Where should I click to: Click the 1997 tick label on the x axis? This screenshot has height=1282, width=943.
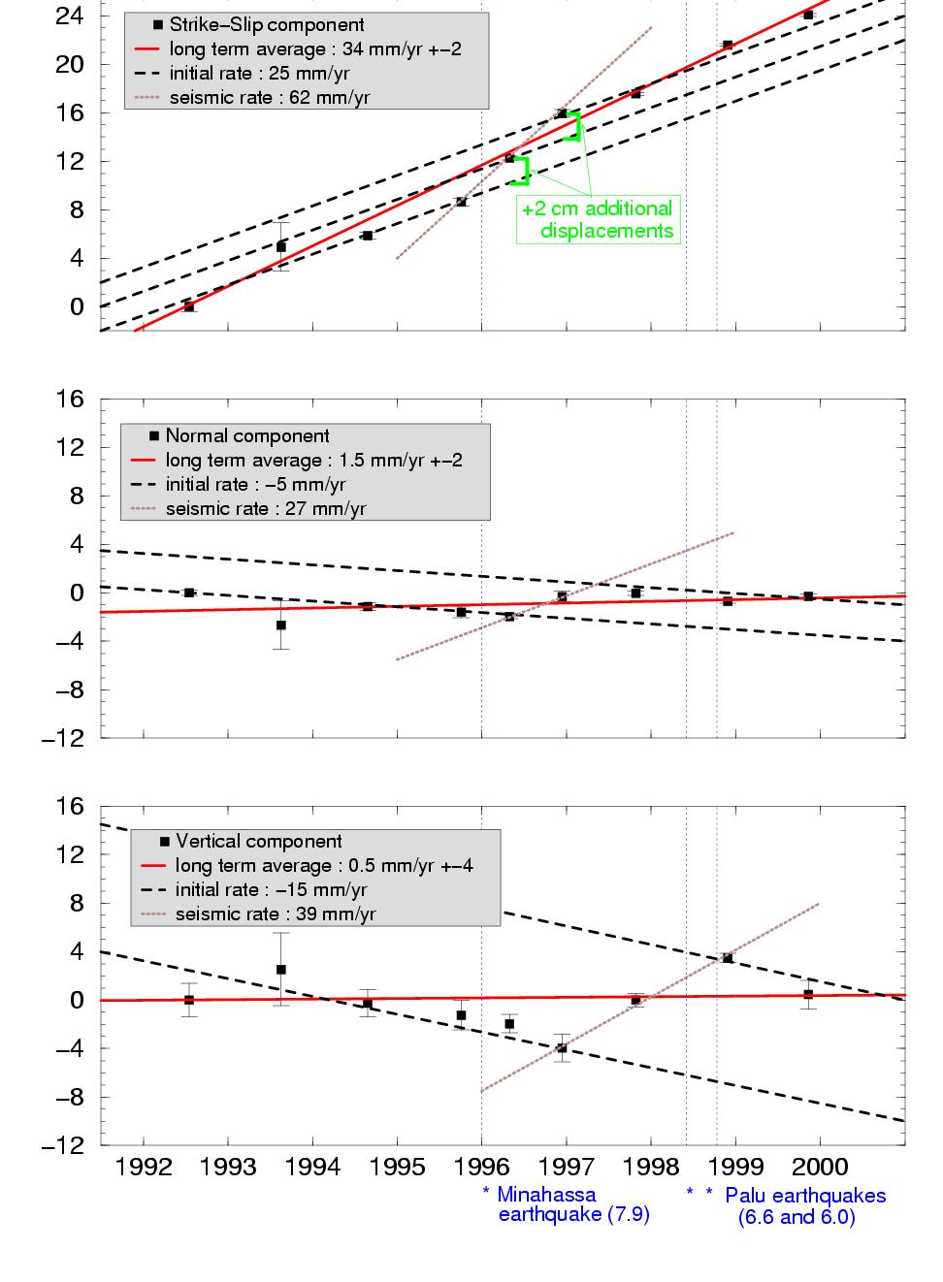coord(567,1167)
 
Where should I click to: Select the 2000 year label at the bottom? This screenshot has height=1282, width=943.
coord(821,1167)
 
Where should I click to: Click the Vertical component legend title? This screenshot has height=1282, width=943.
coord(258,842)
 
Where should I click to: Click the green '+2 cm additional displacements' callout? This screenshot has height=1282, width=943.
coord(597,220)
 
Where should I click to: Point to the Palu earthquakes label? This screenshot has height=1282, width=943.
coord(804,1205)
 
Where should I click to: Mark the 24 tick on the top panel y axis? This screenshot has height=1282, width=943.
coord(71,16)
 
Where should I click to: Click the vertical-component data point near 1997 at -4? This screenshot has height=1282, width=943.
coord(562,1048)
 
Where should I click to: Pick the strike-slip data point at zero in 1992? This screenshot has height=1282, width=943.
coord(189,307)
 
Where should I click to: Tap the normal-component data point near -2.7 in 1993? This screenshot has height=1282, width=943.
coord(280,625)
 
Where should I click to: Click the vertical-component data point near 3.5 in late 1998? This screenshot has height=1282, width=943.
coord(728,958)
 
